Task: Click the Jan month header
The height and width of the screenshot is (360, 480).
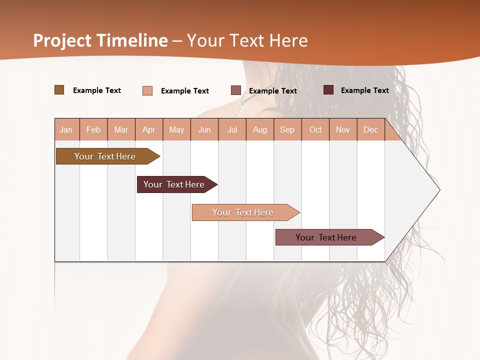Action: tap(66, 129)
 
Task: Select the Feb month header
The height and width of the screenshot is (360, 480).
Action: tap(93, 129)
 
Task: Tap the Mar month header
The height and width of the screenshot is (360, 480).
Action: tap(121, 129)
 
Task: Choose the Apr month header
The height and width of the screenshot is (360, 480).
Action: tap(149, 129)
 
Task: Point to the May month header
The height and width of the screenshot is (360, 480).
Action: tap(176, 129)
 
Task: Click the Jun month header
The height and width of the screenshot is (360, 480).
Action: tap(204, 129)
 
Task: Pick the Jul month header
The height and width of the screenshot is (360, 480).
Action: tap(232, 129)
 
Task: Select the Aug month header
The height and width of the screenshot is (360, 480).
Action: tap(260, 129)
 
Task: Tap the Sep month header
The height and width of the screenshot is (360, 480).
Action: tap(287, 129)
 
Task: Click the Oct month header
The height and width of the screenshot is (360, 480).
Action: tap(315, 129)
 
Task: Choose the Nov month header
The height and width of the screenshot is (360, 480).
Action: tap(343, 129)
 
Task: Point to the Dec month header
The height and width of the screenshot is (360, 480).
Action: tap(370, 129)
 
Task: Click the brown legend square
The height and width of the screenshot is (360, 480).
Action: tap(59, 90)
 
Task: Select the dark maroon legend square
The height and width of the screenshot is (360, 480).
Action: tap(328, 90)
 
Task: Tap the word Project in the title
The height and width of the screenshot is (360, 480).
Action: tap(62, 40)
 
